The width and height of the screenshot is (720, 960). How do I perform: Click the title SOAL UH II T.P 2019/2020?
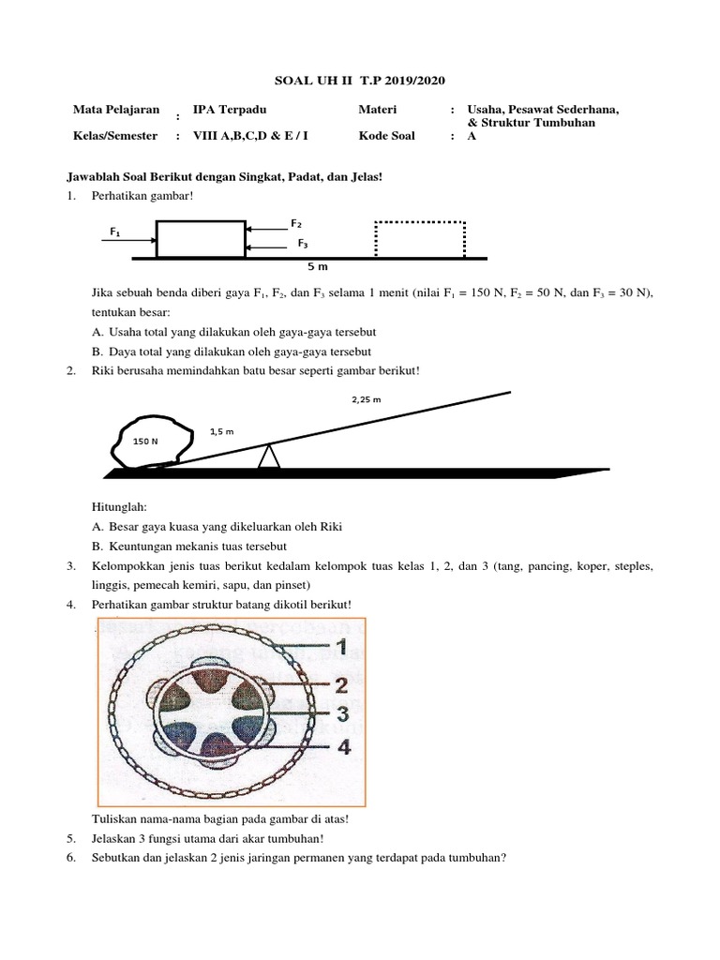pyautogui.click(x=359, y=81)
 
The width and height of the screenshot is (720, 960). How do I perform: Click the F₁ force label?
pyautogui.click(x=115, y=231)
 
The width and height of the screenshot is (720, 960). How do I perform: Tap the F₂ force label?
pyautogui.click(x=296, y=223)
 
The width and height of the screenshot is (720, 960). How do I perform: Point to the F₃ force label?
pyautogui.click(x=303, y=243)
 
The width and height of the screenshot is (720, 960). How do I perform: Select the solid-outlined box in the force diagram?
pyautogui.click(x=201, y=238)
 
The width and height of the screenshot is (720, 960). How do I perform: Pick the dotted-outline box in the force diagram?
pyautogui.click(x=420, y=239)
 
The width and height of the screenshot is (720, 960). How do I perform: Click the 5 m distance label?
pyautogui.click(x=318, y=267)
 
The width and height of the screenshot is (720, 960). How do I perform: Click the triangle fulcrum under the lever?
pyautogui.click(x=269, y=457)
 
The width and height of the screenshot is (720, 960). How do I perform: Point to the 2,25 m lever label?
pyautogui.click(x=365, y=399)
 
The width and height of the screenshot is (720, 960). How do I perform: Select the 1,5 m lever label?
pyautogui.click(x=221, y=431)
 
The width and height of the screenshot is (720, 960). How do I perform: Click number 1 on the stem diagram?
pyautogui.click(x=341, y=646)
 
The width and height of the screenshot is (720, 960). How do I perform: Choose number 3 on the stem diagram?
pyautogui.click(x=342, y=713)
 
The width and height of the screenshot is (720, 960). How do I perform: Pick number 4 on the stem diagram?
pyautogui.click(x=343, y=747)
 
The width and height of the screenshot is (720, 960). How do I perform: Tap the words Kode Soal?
pyautogui.click(x=386, y=135)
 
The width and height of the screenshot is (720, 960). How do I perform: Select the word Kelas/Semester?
pyautogui.click(x=115, y=135)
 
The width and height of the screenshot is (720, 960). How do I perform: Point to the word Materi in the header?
pyautogui.click(x=378, y=110)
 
